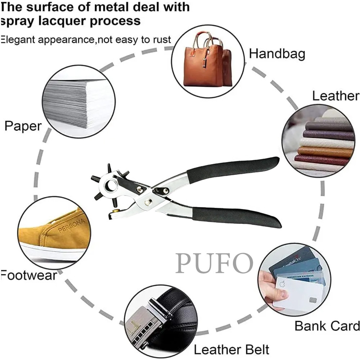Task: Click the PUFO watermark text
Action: point(214,263)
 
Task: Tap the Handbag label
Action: point(277,54)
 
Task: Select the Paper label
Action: point(23,126)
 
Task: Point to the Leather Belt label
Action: point(231,349)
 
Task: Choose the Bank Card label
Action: point(327,326)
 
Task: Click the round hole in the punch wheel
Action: point(110,186)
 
